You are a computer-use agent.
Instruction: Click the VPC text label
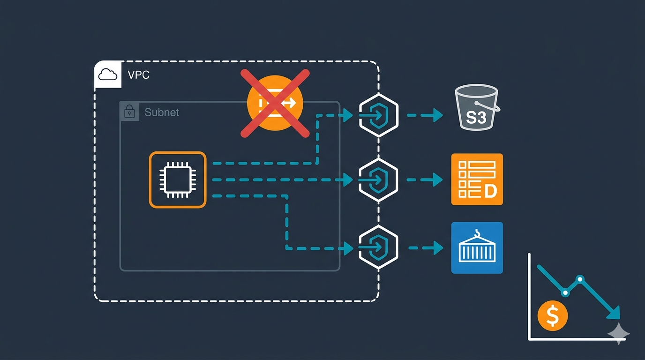138,75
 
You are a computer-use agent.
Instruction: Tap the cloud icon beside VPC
108,75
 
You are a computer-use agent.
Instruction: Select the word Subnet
162,112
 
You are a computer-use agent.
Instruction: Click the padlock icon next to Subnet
129,112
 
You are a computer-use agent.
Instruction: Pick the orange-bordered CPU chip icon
178,180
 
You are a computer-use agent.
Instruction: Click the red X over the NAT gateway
275,103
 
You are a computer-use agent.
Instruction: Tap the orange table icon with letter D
477,179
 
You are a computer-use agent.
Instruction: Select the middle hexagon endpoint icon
378,180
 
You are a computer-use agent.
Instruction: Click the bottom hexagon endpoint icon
378,247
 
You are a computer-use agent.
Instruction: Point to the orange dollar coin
553,316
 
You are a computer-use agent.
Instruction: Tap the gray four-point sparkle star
619,333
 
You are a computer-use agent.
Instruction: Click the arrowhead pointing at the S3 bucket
438,115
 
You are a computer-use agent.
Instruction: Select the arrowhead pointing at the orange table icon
438,180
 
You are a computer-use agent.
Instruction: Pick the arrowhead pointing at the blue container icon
438,248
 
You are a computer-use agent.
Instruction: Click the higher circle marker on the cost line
580,279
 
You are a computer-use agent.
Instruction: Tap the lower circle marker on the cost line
565,292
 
